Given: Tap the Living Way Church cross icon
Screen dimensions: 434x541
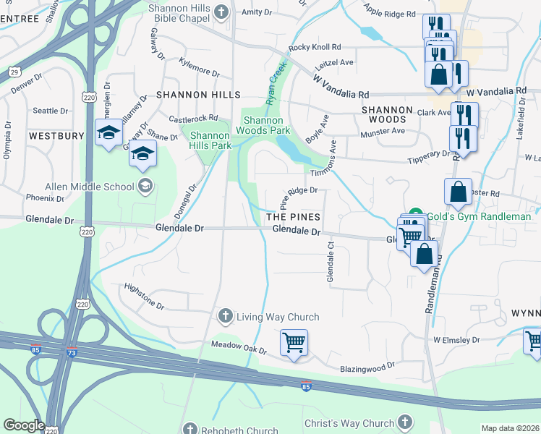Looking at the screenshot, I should (225, 317).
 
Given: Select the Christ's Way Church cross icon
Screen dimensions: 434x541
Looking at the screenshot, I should (405, 422).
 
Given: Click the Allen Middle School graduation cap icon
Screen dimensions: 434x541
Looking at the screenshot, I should (145, 187).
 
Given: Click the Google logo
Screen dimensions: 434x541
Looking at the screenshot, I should (24, 425).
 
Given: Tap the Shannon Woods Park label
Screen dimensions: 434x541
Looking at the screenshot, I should (266, 125).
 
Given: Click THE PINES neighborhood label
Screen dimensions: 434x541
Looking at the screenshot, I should (293, 217).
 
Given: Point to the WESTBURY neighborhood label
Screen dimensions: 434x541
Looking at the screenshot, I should (56, 136).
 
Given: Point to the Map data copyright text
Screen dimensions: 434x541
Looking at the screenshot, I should (510, 428).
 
